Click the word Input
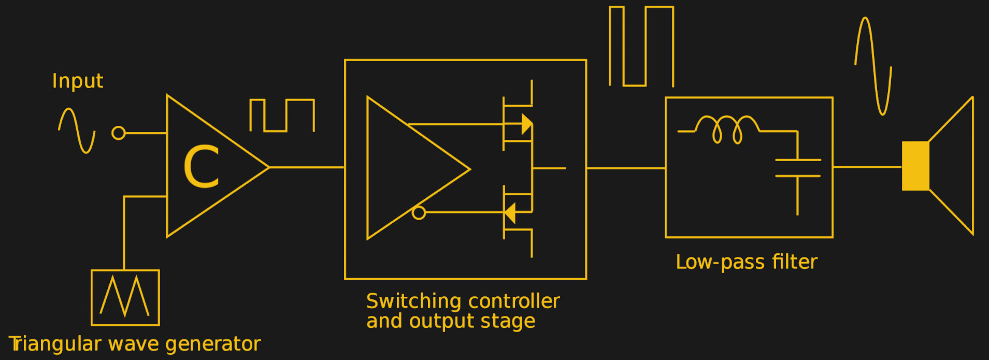pos(78,81)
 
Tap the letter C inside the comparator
pos(202,167)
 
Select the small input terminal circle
pos(119,133)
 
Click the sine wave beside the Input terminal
pos(77,130)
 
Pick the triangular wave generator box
pos(125,297)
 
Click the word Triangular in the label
pos(55,344)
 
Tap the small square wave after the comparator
pos(282,115)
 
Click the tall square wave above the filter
pos(641,47)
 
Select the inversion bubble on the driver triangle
pos(419,212)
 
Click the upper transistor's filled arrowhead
pos(526,124)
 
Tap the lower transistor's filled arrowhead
pos(510,213)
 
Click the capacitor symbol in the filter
pos(798,168)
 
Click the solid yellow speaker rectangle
pos(915,166)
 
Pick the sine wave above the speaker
pos(873,66)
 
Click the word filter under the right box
pos(794,262)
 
